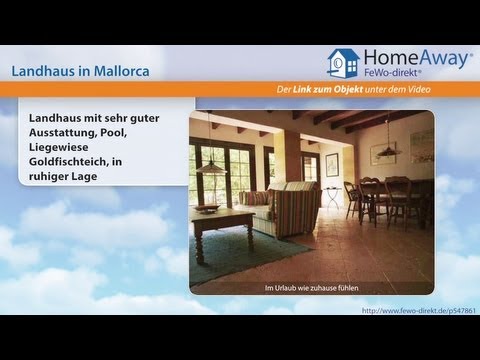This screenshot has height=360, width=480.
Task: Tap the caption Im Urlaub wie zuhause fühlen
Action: (311, 289)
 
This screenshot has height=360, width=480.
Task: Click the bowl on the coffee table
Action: (207, 208)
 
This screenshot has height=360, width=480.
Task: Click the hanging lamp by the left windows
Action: (209, 166)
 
